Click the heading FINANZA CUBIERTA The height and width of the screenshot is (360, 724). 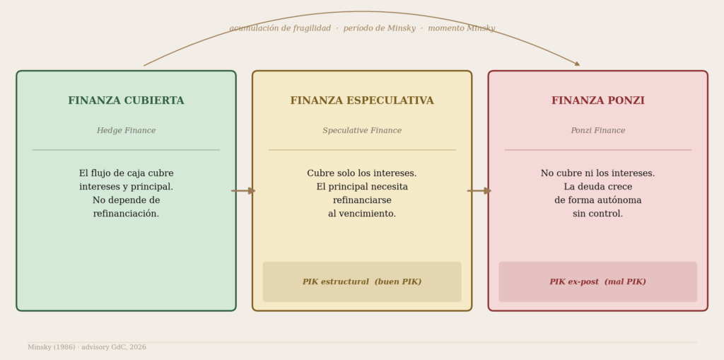126,101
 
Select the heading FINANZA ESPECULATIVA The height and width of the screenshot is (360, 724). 362,101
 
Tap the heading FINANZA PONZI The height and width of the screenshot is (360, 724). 597,101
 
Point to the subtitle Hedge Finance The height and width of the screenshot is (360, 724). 126,131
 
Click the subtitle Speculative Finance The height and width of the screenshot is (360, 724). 362,131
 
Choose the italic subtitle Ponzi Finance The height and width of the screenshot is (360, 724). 597,131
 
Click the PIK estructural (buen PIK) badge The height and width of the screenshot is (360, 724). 362,282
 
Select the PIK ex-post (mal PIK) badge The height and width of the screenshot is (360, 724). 597,282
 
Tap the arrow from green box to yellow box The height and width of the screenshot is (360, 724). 243,191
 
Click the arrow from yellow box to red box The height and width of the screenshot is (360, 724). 479,191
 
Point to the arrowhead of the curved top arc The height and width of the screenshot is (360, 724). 577,64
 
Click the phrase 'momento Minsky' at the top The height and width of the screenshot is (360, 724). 462,29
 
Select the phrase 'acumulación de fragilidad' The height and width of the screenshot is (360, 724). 280,29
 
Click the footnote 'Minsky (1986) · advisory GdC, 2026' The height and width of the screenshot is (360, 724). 87,347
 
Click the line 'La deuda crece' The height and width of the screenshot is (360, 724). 597,187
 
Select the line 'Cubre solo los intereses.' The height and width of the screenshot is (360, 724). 362,173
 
